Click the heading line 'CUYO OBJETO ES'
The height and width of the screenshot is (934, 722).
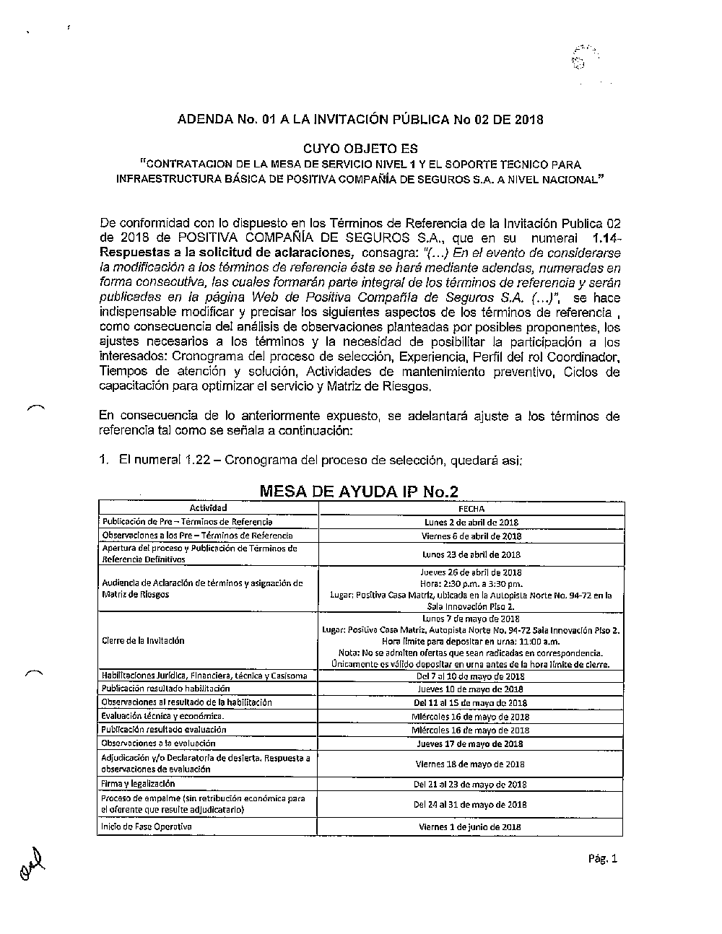coord(360,149)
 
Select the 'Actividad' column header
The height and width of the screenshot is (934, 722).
coord(208,508)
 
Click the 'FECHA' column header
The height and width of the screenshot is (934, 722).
coord(471,509)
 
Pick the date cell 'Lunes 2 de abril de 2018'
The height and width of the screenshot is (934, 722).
coord(471,522)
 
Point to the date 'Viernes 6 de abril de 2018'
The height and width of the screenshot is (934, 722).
coord(471,536)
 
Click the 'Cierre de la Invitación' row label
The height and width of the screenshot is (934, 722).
coord(143,640)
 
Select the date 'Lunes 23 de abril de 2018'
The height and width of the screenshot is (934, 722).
coord(471,554)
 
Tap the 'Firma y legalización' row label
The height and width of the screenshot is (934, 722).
coord(138,783)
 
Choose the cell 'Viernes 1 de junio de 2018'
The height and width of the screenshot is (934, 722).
coord(470,827)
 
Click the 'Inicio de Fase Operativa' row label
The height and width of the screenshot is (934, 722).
coord(147,826)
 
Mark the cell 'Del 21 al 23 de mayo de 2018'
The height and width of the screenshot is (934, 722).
coord(470,784)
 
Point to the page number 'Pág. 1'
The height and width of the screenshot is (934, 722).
coord(604,859)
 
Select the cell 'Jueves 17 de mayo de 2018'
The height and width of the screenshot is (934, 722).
coord(470,743)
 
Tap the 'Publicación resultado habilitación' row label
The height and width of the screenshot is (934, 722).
coord(155,689)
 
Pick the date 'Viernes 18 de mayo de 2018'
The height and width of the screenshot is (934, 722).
coord(470,764)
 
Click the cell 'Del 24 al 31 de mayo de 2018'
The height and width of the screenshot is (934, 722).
coord(470,804)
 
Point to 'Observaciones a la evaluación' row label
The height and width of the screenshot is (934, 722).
coord(159,743)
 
